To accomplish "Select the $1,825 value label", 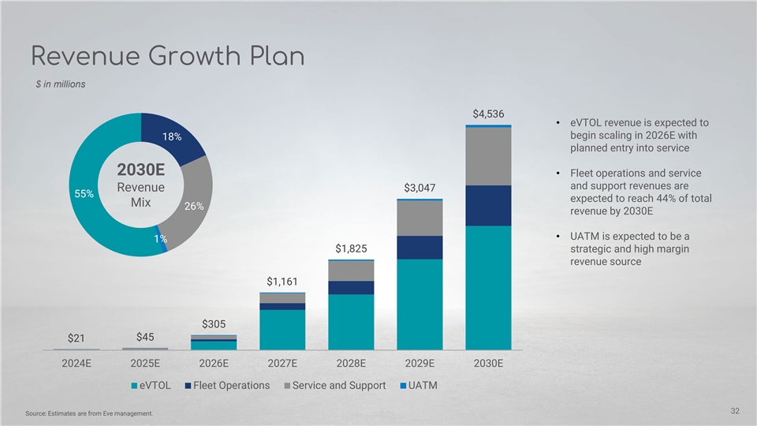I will (x=351, y=248).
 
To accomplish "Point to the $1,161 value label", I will (x=282, y=281).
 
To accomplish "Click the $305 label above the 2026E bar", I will (x=214, y=323).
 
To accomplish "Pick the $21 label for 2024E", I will (x=76, y=338).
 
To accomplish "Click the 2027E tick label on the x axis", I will (x=282, y=364).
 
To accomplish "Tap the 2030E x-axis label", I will (x=488, y=364).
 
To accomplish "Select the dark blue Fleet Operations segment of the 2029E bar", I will (x=420, y=247).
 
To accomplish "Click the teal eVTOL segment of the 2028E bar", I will (x=351, y=321).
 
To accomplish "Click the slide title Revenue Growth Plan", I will (x=167, y=57).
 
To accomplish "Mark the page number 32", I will (x=735, y=410).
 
